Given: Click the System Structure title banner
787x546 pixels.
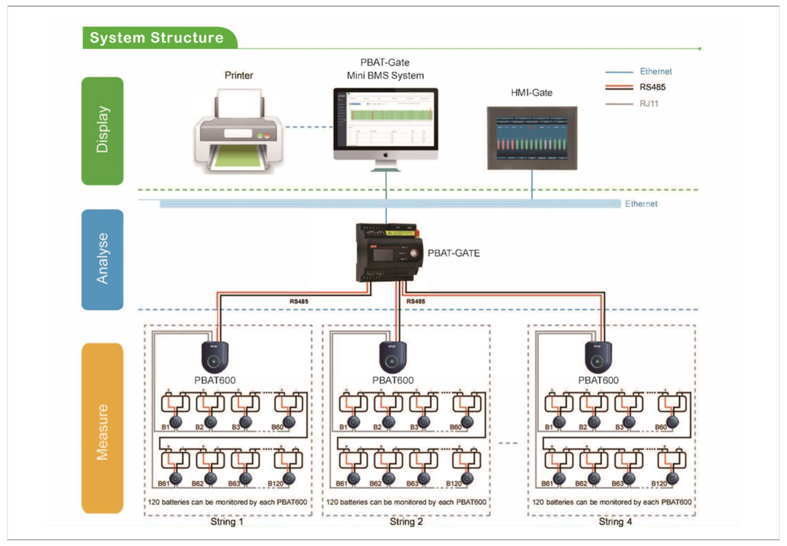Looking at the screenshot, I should (x=157, y=38).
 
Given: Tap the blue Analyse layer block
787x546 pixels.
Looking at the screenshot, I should (x=102, y=259).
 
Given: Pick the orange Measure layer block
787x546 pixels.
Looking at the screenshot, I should (x=102, y=428).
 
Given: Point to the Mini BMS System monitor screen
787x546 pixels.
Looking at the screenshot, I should (x=385, y=119).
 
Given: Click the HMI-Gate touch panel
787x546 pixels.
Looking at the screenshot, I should (x=532, y=138).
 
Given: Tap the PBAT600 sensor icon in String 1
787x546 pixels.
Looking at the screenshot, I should (x=215, y=357).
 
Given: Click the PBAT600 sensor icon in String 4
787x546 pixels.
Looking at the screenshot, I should (x=598, y=357).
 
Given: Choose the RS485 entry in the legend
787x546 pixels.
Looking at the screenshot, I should (x=652, y=87).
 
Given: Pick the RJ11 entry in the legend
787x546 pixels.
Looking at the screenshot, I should (x=649, y=104).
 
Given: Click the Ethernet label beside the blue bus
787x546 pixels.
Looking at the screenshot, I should (x=641, y=204).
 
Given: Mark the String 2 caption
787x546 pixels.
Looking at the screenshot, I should (x=406, y=522).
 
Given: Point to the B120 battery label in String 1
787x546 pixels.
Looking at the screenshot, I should (x=275, y=484).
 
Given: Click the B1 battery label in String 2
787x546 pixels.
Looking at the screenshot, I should (x=343, y=427).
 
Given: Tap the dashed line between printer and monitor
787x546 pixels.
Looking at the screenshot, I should (x=309, y=127).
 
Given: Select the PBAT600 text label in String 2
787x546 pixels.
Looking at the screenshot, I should (x=393, y=381).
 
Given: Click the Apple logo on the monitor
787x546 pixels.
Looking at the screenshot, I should (x=385, y=155).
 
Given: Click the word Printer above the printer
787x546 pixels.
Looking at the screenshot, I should (x=239, y=76).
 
